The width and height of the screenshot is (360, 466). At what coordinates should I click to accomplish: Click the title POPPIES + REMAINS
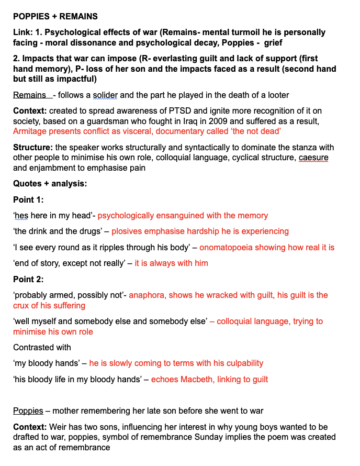(55, 17)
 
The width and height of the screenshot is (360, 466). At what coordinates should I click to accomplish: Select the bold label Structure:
(32, 147)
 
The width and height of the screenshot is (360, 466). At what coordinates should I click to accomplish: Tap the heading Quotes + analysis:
(50, 184)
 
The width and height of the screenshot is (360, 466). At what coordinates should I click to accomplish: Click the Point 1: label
(28, 199)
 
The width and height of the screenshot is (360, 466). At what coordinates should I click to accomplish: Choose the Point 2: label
(28, 279)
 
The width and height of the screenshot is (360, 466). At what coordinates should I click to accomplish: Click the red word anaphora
(147, 295)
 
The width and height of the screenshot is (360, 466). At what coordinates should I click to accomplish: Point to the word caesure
(313, 158)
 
